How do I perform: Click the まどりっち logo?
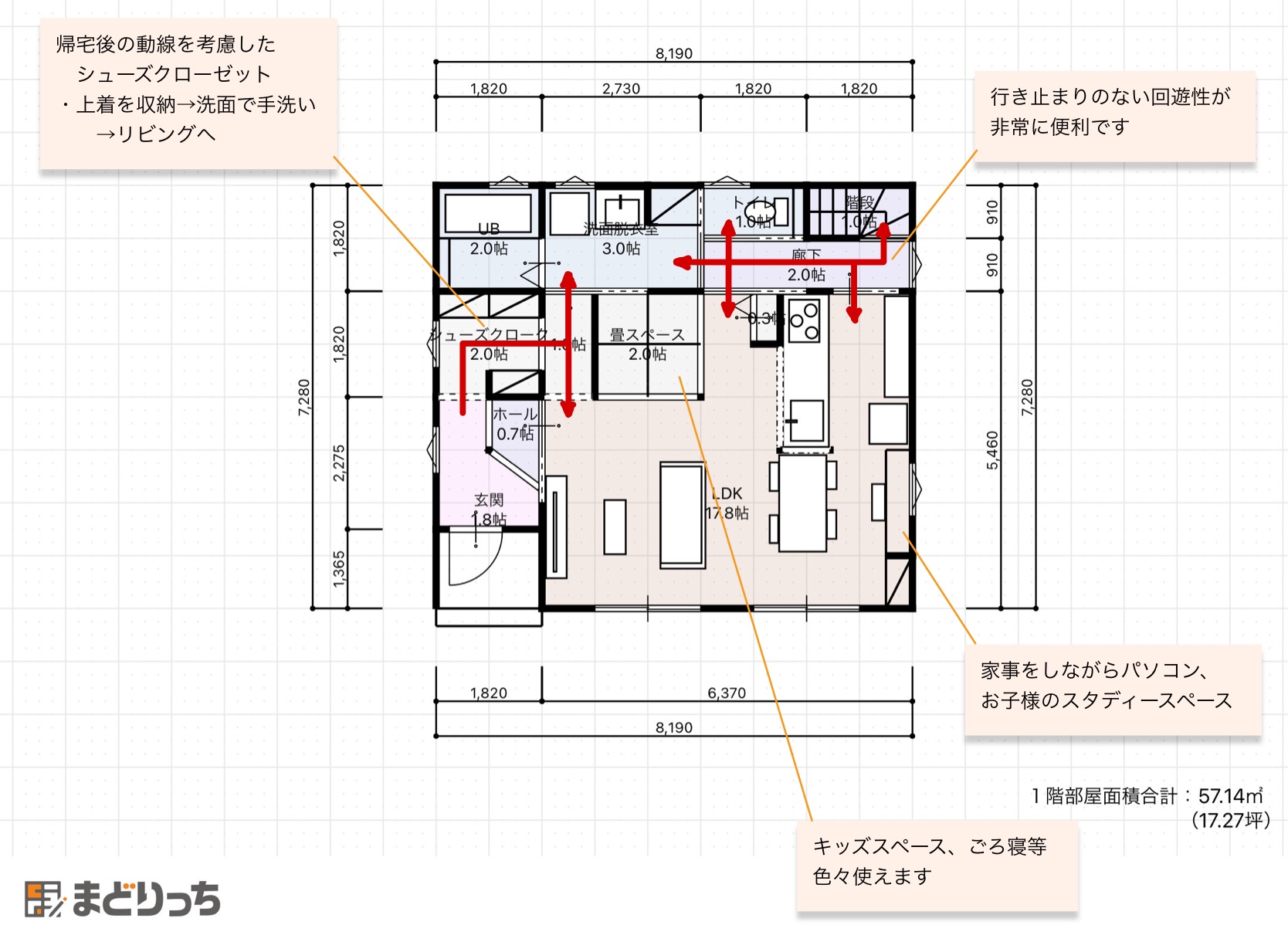(x=124, y=899)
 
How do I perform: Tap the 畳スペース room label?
(x=647, y=335)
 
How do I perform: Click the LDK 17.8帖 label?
(x=727, y=503)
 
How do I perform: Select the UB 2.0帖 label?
(x=489, y=239)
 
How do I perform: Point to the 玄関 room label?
(x=489, y=500)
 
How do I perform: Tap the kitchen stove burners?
(x=804, y=321)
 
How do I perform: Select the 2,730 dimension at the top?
(x=621, y=88)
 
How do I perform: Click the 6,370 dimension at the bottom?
(x=727, y=693)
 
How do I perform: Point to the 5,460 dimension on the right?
(x=992, y=449)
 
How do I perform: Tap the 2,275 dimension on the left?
(x=338, y=463)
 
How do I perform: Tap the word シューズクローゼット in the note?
(x=174, y=74)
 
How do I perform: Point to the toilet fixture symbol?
(x=759, y=209)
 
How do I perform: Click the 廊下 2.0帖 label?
(x=806, y=265)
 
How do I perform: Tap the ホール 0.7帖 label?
(x=515, y=424)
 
